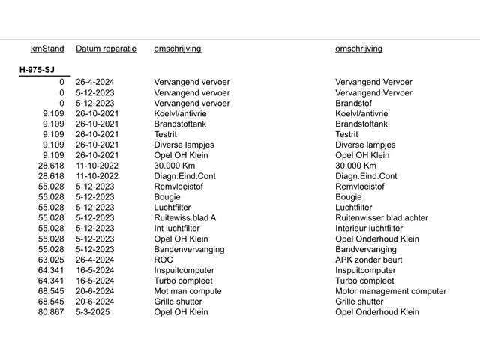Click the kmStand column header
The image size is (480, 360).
tap(47, 49)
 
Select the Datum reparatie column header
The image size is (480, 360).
tap(106, 49)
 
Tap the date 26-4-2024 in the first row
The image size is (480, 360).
tap(96, 82)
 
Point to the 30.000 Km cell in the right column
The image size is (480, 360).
tap(356, 166)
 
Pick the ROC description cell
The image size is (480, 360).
tap(163, 259)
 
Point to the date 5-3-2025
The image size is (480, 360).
tap(93, 312)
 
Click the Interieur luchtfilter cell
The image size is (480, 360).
tap(369, 228)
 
